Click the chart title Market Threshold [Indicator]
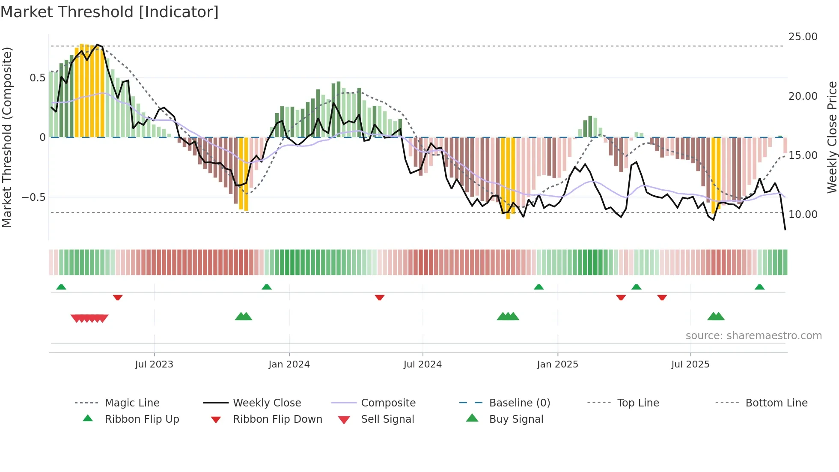(x=110, y=12)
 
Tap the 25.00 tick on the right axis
(x=803, y=37)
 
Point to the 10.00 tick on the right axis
(x=803, y=214)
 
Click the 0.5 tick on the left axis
(x=37, y=78)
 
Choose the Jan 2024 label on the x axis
(x=289, y=364)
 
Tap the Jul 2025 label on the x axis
(x=690, y=364)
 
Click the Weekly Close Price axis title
(x=832, y=137)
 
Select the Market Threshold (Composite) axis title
(x=7, y=137)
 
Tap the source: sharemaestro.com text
(x=753, y=336)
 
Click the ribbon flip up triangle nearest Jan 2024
(x=267, y=287)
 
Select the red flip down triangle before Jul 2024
(x=379, y=297)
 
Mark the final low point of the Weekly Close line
(x=785, y=230)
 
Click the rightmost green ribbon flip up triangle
(x=759, y=287)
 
